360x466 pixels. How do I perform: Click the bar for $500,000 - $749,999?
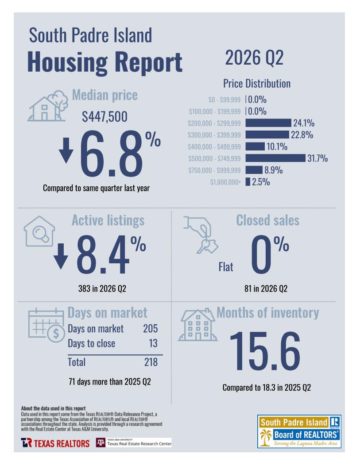coord(275,158)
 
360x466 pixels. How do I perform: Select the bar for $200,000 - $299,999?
coord(268,123)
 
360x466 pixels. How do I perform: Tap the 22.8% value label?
coord(302,135)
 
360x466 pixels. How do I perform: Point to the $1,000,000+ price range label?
coord(225,182)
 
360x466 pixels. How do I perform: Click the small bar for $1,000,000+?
coord(248,182)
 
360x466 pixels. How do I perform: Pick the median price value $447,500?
coord(105,116)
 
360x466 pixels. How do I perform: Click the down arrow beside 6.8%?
coord(66,150)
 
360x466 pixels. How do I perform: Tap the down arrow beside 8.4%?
coord(61,256)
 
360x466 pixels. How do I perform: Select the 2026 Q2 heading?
coord(254,58)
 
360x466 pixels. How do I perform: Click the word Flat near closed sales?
coord(226,267)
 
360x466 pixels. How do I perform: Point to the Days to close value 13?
coord(153,343)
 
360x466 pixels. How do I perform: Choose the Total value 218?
coord(151,362)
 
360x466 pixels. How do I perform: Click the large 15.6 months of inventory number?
coord(265,351)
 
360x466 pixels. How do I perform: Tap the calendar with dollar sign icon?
coord(46,325)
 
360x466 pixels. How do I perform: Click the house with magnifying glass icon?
coord(39,231)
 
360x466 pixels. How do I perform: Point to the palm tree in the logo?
coord(266,438)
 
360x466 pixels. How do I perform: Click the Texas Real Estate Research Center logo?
coord(134,443)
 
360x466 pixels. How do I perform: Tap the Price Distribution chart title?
coord(257,84)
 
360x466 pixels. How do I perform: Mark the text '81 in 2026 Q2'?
coord(266,289)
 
